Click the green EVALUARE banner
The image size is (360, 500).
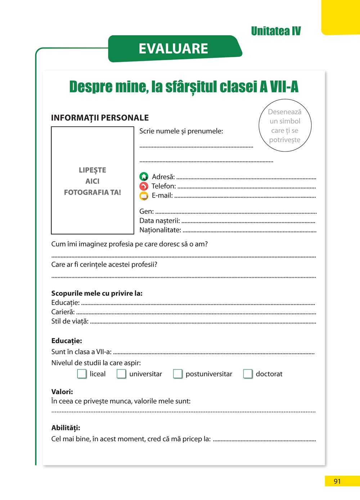(x=174, y=49)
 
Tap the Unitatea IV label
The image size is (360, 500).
(x=276, y=31)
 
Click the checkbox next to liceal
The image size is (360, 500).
(x=82, y=374)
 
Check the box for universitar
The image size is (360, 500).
(x=121, y=374)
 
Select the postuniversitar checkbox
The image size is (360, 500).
(x=177, y=374)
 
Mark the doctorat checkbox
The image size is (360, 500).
(x=248, y=374)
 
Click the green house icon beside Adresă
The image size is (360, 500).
(x=144, y=177)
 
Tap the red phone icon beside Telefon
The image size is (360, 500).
(x=144, y=186)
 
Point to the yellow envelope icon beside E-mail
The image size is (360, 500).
(x=144, y=196)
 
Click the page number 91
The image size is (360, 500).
(x=337, y=481)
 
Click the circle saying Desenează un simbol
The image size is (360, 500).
(x=285, y=126)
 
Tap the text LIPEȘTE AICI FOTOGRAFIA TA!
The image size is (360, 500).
(x=93, y=181)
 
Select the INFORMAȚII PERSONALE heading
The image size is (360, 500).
(x=100, y=118)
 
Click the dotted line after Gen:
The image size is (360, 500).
(x=236, y=212)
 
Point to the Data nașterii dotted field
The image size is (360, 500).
(x=248, y=222)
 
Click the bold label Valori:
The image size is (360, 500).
(x=62, y=392)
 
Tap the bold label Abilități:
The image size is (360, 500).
(x=66, y=428)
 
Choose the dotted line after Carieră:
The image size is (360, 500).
(x=196, y=313)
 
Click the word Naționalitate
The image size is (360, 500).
(x=160, y=230)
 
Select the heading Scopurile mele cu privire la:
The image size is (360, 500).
(x=97, y=293)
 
